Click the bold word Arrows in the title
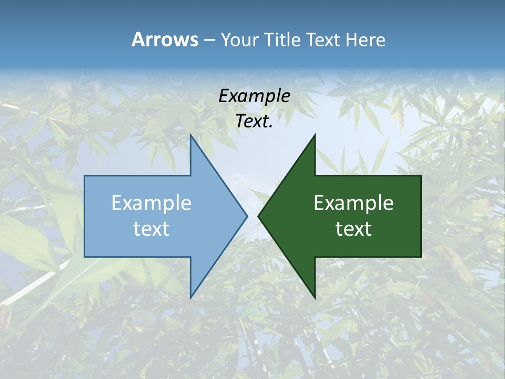(165, 40)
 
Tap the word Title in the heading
(281, 40)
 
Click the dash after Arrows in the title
(209, 41)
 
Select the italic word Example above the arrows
(255, 96)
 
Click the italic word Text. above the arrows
(255, 122)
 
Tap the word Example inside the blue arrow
(151, 203)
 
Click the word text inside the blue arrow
(151, 228)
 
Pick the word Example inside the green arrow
(353, 203)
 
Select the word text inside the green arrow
(353, 228)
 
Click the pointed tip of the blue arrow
(247, 216)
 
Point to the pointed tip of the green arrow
(259, 216)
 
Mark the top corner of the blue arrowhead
(190, 135)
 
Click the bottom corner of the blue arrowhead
(190, 297)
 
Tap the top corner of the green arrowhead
(315, 135)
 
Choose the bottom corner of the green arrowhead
(315, 297)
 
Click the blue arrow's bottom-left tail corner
(85, 257)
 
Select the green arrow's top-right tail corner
(421, 176)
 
